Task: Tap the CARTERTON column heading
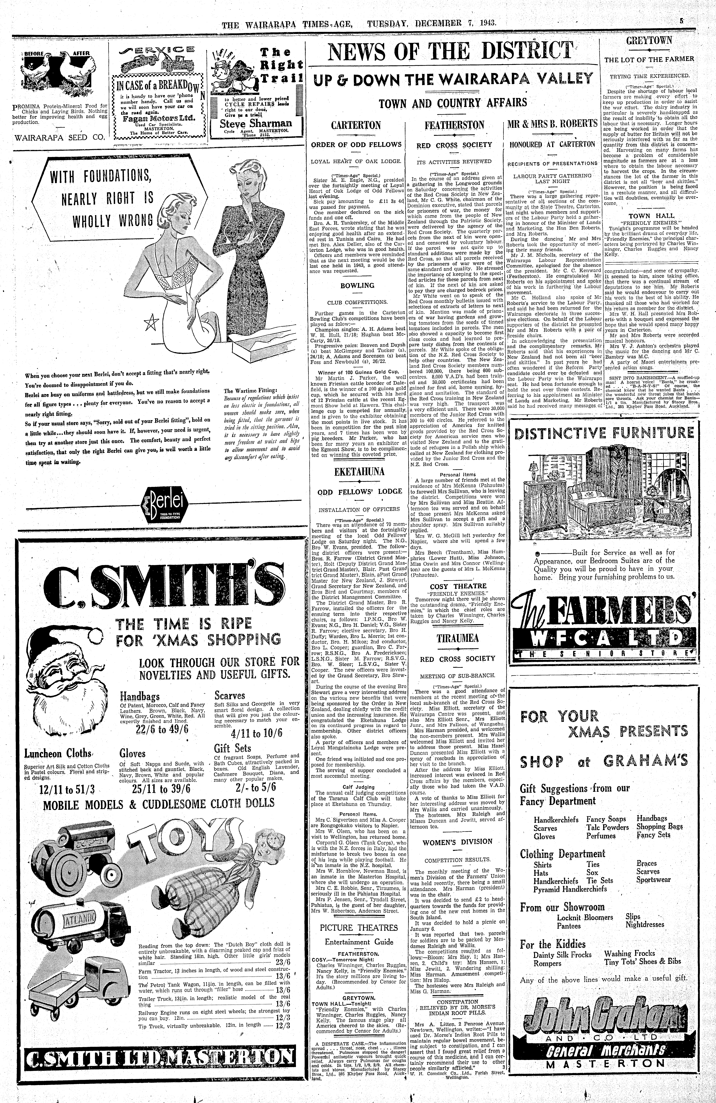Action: (356, 126)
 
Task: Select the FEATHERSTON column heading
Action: (454, 126)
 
